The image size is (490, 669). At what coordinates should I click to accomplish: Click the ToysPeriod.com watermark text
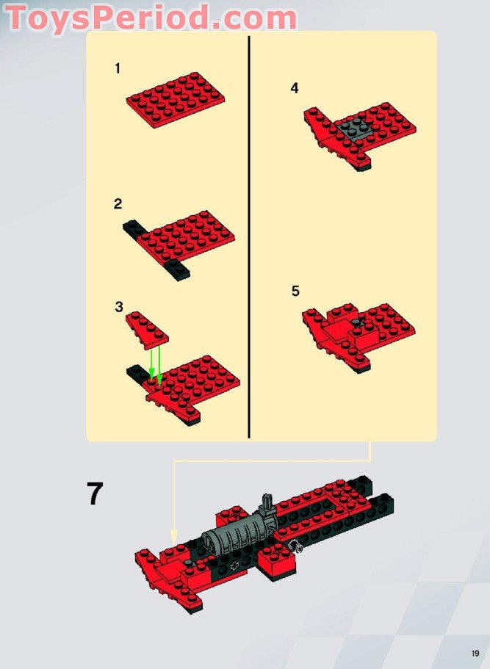[x=151, y=18]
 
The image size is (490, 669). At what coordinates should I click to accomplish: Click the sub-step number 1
[x=118, y=68]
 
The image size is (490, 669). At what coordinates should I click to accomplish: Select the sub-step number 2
[x=118, y=204]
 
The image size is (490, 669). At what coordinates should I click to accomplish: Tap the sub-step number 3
[x=119, y=307]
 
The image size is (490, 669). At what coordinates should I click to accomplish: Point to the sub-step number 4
[x=295, y=88]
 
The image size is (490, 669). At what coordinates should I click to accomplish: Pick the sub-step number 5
[x=295, y=291]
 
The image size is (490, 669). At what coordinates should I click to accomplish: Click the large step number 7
[x=95, y=493]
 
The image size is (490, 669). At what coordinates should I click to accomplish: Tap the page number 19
[x=475, y=654]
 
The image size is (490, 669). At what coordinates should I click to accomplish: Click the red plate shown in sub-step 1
[x=176, y=99]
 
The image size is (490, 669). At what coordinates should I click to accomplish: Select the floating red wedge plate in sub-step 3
[x=147, y=328]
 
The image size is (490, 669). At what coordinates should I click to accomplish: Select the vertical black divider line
[x=249, y=236]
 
